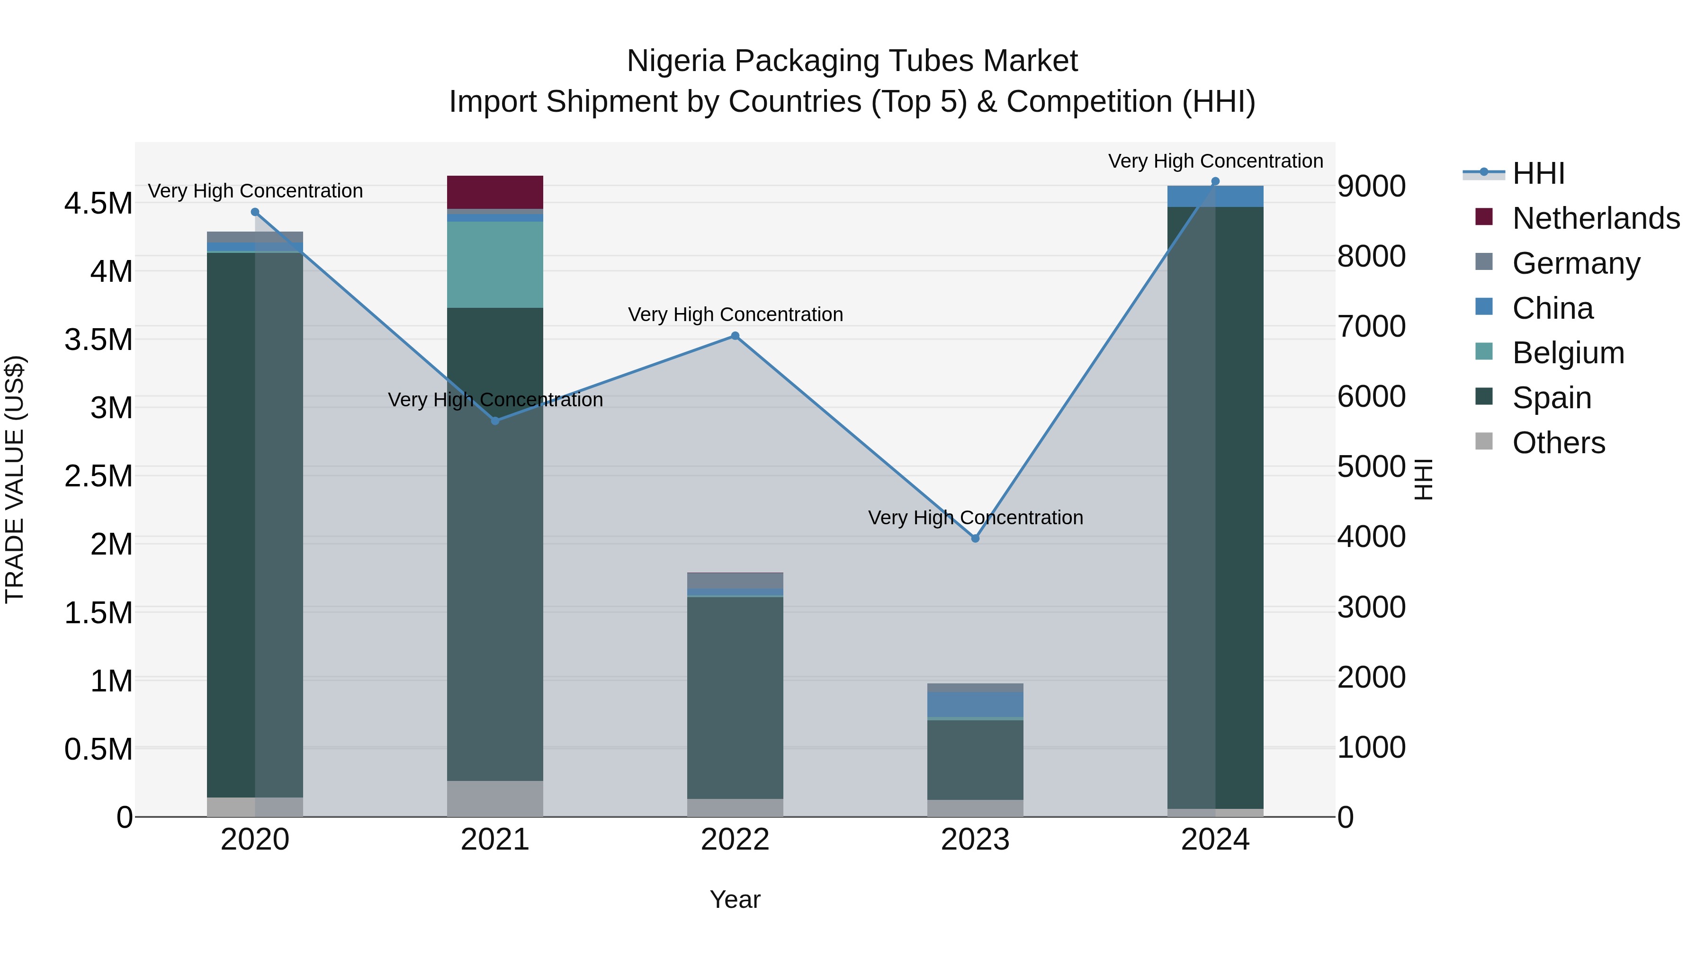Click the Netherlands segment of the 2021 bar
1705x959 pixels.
point(495,192)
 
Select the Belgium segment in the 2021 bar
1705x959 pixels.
point(495,265)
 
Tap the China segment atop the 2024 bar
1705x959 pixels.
point(1215,197)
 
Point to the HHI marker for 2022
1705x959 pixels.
point(735,336)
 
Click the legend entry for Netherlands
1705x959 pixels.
point(1596,218)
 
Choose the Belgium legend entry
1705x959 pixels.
point(1568,353)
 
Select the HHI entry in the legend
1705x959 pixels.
point(1538,173)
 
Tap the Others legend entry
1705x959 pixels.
point(1559,443)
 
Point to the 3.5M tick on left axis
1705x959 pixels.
point(98,340)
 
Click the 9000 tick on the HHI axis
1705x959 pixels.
point(1372,187)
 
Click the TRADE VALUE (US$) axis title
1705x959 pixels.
point(15,479)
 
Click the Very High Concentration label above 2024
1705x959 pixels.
point(1215,161)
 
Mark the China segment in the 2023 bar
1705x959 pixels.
point(975,704)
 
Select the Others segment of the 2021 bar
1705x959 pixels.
point(495,799)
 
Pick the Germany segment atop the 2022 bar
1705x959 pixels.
point(735,581)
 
